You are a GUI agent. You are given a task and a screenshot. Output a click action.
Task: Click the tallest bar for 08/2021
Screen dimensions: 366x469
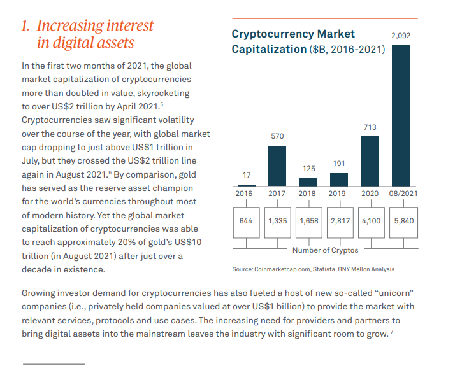pyautogui.click(x=400, y=115)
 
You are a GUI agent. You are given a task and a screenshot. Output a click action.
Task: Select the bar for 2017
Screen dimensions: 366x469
pyautogui.click(x=277, y=165)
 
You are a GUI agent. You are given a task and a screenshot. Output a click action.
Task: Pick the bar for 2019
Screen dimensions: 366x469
pyautogui.click(x=339, y=179)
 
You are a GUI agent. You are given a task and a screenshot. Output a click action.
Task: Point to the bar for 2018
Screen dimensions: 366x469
pyautogui.click(x=308, y=181)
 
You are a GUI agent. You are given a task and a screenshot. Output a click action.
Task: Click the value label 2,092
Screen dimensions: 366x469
pyautogui.click(x=400, y=36)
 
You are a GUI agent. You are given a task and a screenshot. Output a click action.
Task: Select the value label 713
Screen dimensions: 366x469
pyautogui.click(x=370, y=127)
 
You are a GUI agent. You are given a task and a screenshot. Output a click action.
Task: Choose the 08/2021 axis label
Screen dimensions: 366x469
pyautogui.click(x=403, y=193)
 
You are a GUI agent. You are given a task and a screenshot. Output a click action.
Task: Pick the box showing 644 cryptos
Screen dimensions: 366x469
pyautogui.click(x=246, y=221)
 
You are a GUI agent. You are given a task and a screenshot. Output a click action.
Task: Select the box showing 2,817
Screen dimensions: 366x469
pyautogui.click(x=340, y=221)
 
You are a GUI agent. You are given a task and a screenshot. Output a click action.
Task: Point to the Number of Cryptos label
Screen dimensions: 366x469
pyautogui.click(x=325, y=250)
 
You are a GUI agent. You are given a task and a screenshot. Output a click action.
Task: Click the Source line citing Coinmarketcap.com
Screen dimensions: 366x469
pyautogui.click(x=313, y=269)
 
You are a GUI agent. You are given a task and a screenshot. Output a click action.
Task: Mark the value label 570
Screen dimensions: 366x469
pyautogui.click(x=277, y=136)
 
